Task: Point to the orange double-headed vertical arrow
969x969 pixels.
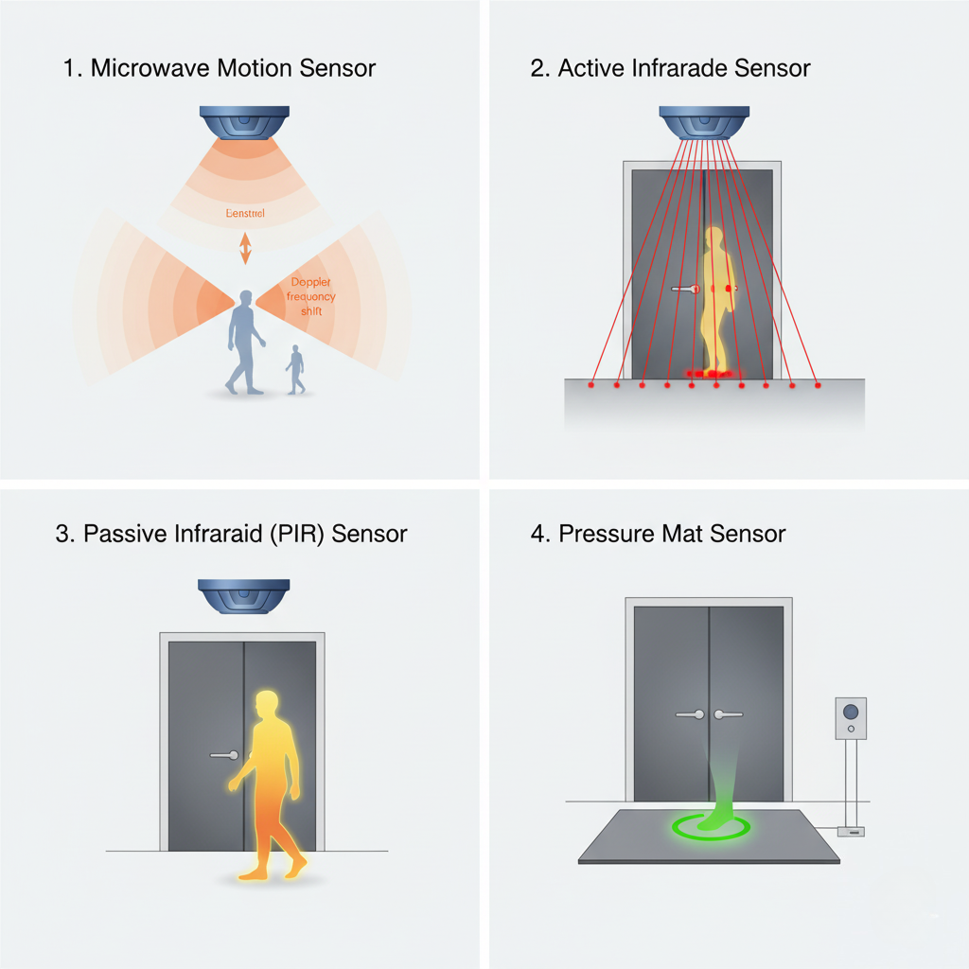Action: pos(245,248)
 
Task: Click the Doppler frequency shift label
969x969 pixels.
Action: pos(310,296)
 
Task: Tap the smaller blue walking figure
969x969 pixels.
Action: pos(296,369)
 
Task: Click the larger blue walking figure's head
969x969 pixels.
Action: pos(246,300)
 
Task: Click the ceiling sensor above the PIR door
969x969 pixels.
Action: pos(243,596)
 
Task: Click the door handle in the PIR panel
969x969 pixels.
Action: pos(224,755)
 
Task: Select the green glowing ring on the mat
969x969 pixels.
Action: pos(710,827)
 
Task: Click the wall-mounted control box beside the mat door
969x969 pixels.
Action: pos(851,718)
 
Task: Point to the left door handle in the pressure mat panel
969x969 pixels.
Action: pos(690,714)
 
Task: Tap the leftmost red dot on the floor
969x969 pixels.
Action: pos(591,385)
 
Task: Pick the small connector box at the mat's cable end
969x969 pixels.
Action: pos(851,831)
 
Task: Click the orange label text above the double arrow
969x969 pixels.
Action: pos(246,214)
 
